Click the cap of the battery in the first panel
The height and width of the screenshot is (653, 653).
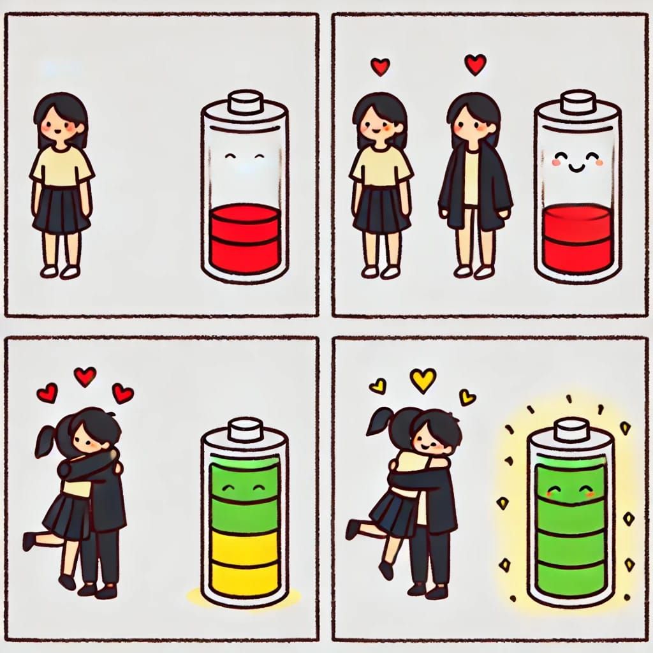[x=246, y=103]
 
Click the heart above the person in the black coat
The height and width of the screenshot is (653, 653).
[x=474, y=64]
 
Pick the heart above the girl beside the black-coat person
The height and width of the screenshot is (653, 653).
[x=380, y=66]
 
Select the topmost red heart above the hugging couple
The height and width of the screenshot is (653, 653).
[x=85, y=376]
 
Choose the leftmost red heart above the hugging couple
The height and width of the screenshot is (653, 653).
[x=47, y=393]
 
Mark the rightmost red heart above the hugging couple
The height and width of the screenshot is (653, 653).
[x=122, y=393]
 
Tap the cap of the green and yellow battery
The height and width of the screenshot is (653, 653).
[x=246, y=429]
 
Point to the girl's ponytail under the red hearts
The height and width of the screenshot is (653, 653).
[x=47, y=440]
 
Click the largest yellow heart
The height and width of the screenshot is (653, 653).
[x=423, y=379]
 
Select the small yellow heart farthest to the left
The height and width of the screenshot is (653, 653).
[x=378, y=386]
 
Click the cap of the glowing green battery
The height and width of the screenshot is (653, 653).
[x=571, y=429]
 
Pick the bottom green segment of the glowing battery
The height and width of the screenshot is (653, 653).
[x=571, y=578]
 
